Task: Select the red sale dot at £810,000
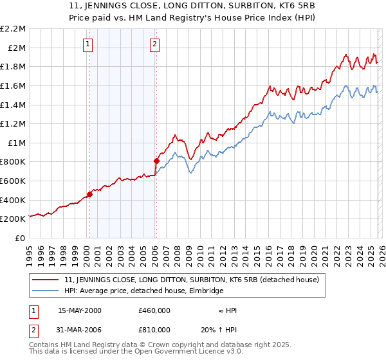point(156,161)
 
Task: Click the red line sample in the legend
point(46,280)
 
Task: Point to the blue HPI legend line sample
point(46,291)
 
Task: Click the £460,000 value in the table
point(154,310)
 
